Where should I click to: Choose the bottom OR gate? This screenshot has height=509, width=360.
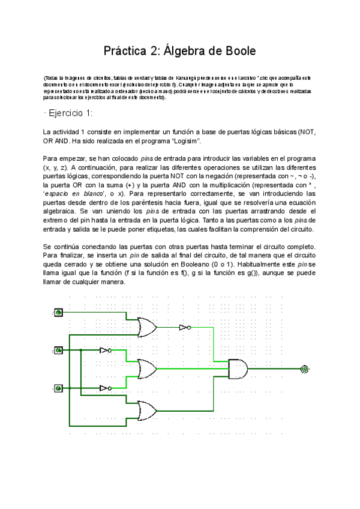click(x=147, y=410)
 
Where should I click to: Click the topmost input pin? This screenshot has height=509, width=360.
click(x=58, y=312)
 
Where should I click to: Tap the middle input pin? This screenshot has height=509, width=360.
click(x=58, y=350)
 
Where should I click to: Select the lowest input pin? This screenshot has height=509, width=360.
click(x=58, y=388)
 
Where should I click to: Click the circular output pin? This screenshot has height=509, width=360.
click(x=304, y=369)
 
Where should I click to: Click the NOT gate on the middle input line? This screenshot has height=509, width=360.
click(x=106, y=350)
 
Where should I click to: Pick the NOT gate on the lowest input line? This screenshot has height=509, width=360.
click(x=106, y=388)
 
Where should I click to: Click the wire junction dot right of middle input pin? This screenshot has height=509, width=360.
click(x=80, y=350)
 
